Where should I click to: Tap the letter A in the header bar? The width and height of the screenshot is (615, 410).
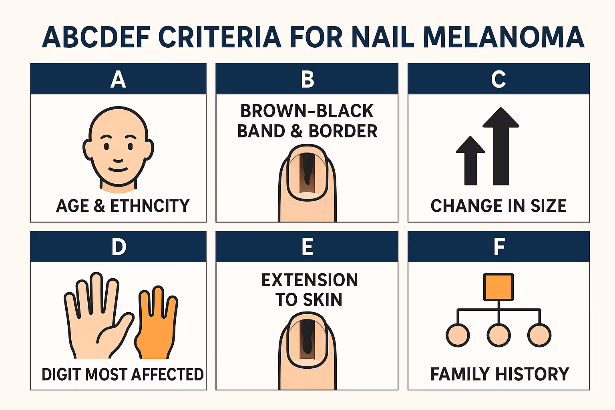click(118, 79)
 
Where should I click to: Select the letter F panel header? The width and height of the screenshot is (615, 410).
click(499, 247)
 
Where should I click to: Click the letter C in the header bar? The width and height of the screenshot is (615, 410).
click(498, 79)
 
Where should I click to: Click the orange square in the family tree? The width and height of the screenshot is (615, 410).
click(498, 287)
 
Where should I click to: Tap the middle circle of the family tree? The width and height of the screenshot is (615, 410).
click(498, 335)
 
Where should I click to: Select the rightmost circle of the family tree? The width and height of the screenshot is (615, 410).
click(539, 335)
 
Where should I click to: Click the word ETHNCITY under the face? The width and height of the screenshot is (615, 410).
click(150, 206)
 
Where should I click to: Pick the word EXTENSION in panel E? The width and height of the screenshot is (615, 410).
click(310, 280)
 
